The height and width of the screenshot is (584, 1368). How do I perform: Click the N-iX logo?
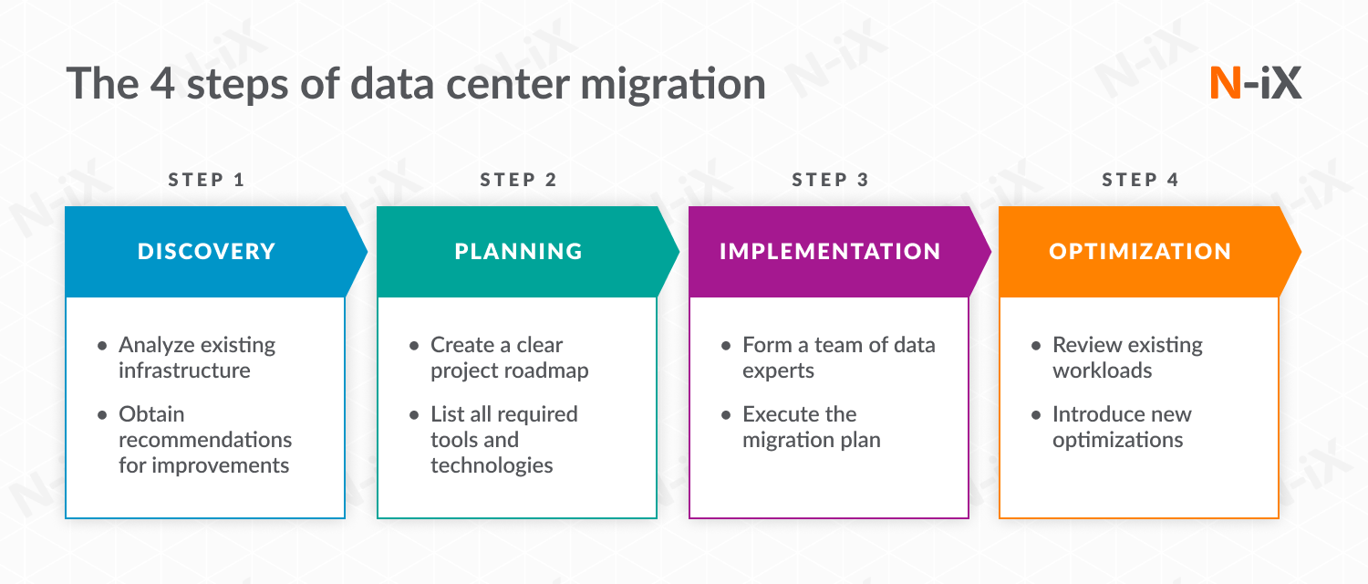click(x=1255, y=83)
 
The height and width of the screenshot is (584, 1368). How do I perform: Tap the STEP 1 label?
click(x=207, y=180)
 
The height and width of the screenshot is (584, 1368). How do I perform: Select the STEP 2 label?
click(x=518, y=180)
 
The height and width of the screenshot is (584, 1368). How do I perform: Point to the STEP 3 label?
click(x=830, y=180)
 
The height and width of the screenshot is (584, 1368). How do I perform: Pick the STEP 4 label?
click(x=1140, y=180)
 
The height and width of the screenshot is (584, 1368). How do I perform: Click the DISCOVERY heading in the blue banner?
click(x=206, y=251)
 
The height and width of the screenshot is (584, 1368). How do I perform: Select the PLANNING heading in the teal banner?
click(x=518, y=251)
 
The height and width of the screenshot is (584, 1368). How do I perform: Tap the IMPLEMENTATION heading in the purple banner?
click(x=830, y=251)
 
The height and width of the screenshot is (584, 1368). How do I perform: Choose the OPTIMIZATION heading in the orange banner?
click(x=1140, y=251)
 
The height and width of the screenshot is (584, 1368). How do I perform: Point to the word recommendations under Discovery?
click(x=205, y=440)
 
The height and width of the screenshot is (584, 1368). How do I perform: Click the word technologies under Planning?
click(x=492, y=465)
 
